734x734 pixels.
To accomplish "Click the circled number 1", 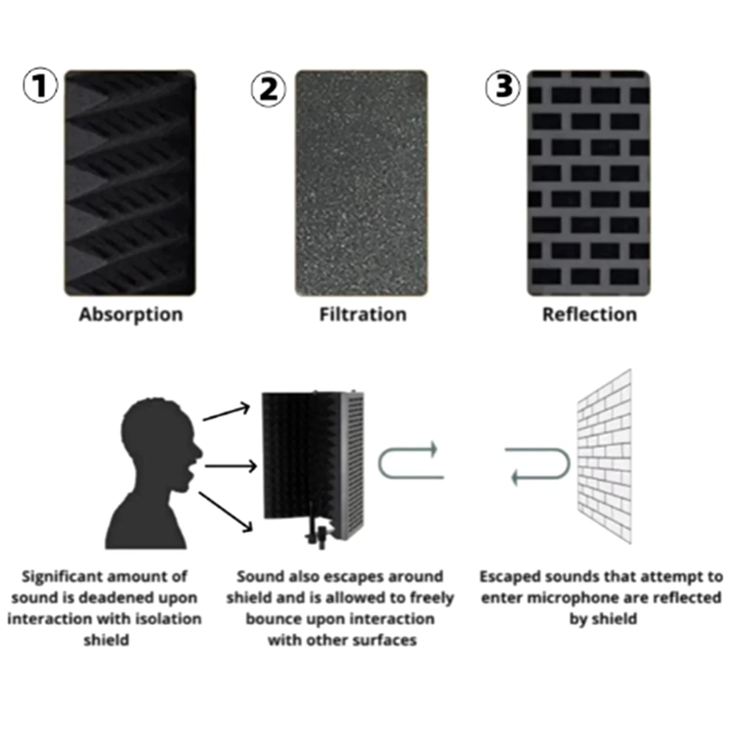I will click(x=40, y=86).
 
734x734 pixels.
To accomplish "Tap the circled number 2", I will click(x=269, y=89).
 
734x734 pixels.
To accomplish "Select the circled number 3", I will click(x=503, y=87).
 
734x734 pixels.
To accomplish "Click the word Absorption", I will click(x=131, y=314).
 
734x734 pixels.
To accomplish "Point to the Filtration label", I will click(x=363, y=314).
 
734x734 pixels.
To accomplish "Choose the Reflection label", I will click(x=589, y=314).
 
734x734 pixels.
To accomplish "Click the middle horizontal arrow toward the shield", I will click(x=231, y=467).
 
